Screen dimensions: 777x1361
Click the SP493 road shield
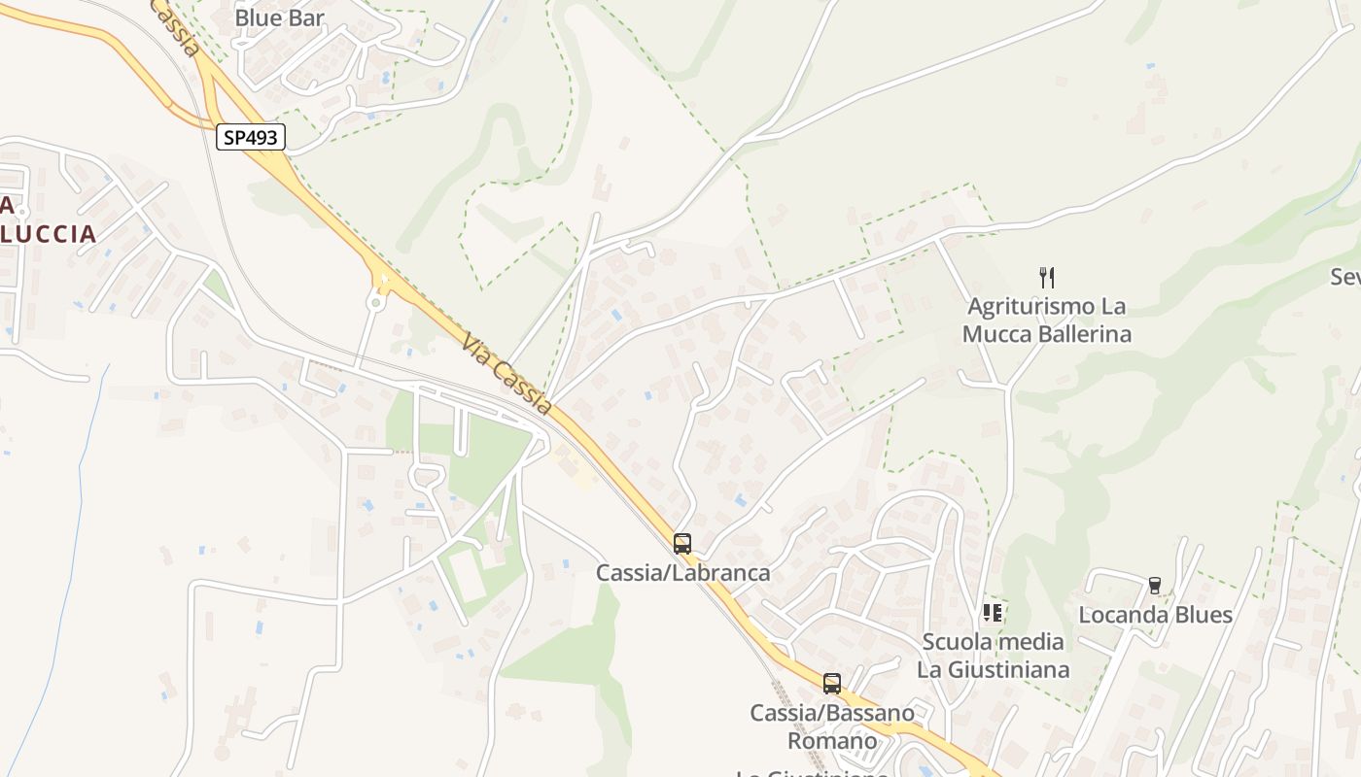(251, 138)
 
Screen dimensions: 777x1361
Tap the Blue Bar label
(280, 17)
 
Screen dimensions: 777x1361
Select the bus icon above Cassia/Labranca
(682, 544)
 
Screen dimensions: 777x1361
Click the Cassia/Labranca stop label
(682, 573)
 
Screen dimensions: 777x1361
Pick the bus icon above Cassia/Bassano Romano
(832, 684)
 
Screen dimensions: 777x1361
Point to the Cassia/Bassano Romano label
(832, 726)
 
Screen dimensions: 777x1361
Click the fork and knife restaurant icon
(1047, 278)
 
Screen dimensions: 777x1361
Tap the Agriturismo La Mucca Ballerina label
(1047, 321)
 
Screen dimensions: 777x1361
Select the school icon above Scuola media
(993, 613)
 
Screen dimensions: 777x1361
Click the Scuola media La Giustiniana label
(993, 656)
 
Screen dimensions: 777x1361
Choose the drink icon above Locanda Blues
(1155, 586)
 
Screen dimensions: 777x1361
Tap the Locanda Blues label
(1155, 615)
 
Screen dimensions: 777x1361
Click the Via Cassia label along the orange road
(507, 374)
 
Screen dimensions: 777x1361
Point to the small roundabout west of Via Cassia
(375, 303)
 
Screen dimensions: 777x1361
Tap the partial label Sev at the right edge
(1344, 278)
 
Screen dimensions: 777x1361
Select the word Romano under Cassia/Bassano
(832, 741)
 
